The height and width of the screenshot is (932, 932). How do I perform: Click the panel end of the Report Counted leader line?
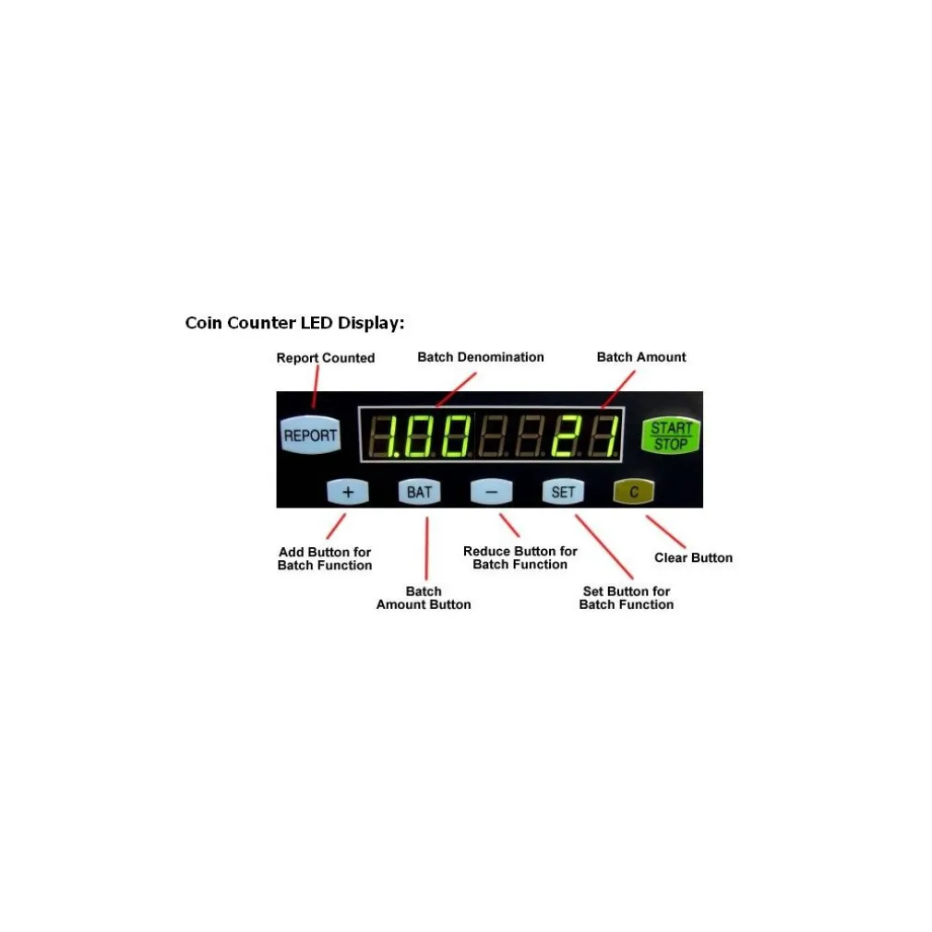pyautogui.click(x=313, y=409)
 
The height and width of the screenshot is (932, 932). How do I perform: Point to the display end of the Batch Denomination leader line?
pyautogui.click(x=436, y=407)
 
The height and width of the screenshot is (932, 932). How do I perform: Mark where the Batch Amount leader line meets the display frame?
pyautogui.click(x=603, y=408)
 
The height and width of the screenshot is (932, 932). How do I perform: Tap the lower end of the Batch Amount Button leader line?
pyautogui.click(x=426, y=579)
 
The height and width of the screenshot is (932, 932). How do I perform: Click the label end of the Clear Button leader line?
pyautogui.click(x=685, y=547)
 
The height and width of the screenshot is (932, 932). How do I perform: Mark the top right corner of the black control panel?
pyautogui.click(x=702, y=391)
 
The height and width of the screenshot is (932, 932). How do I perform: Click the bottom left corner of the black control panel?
pyautogui.click(x=277, y=508)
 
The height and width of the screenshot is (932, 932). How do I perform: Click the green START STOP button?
pyautogui.click(x=671, y=436)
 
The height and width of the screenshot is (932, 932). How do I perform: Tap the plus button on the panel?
pyautogui.click(x=348, y=492)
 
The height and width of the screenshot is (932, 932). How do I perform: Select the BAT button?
pyautogui.click(x=420, y=492)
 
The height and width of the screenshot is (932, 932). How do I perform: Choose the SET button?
pyautogui.click(x=563, y=492)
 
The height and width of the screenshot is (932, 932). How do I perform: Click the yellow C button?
pyautogui.click(x=634, y=492)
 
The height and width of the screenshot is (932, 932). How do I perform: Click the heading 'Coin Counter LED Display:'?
pyautogui.click(x=294, y=323)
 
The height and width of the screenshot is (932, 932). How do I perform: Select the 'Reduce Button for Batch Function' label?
pyautogui.click(x=520, y=557)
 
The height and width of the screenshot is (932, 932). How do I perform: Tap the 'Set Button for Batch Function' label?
pyautogui.click(x=627, y=598)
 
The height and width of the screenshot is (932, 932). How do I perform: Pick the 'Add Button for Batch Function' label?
pyautogui.click(x=325, y=558)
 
